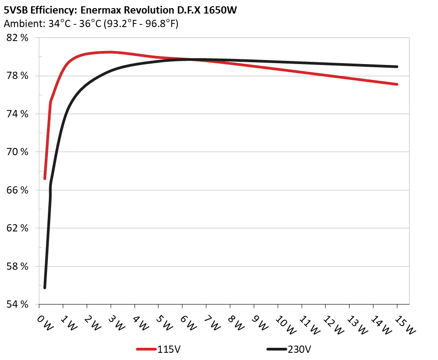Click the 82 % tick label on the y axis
tap(18, 38)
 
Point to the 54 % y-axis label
tap(18, 305)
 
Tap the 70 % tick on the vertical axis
tap(18, 152)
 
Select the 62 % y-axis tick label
tap(18, 228)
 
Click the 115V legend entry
tap(168, 349)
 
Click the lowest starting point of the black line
tap(45, 287)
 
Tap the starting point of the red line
tap(45, 179)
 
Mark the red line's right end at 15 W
tap(397, 84)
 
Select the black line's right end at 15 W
tap(397, 67)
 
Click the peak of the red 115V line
tap(110, 52)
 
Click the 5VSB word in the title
tap(16, 10)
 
